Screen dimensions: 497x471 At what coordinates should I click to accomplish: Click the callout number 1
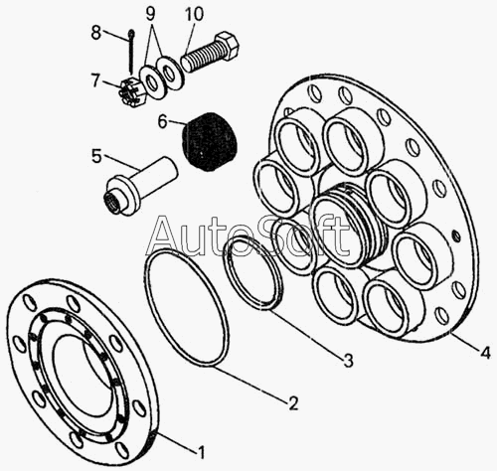click(201, 452)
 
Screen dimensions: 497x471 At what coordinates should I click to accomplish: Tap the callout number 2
click(293, 403)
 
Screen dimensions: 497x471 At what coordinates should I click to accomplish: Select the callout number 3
click(348, 360)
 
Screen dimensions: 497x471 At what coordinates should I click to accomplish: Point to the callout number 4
click(485, 353)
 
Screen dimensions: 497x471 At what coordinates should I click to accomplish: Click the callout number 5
click(96, 156)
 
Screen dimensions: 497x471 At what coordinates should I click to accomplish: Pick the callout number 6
click(162, 121)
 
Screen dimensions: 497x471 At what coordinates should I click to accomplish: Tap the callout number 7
click(95, 80)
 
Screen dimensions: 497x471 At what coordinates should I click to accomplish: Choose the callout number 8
click(95, 33)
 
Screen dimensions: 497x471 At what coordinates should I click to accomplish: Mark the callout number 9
click(150, 14)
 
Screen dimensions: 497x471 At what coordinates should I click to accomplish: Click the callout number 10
click(194, 14)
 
